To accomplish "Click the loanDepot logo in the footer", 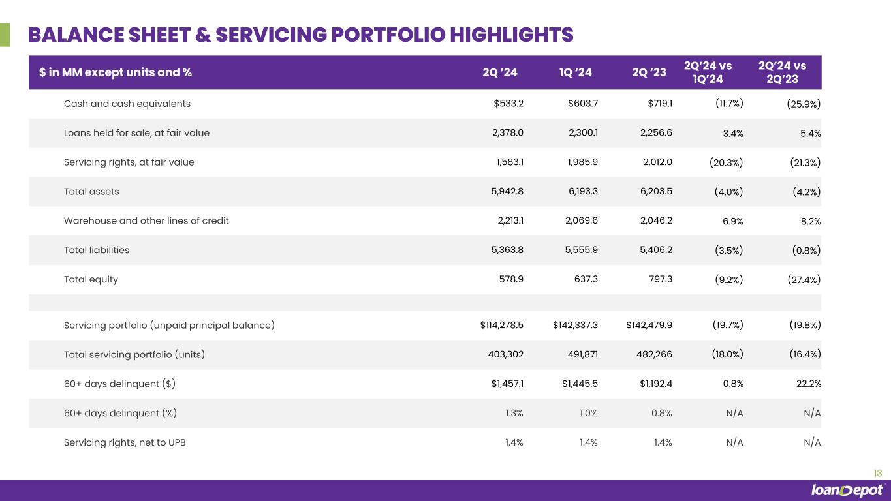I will click(x=847, y=491).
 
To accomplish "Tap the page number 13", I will click(x=877, y=474).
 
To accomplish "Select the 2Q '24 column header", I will click(x=499, y=72).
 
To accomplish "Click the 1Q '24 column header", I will click(x=576, y=72).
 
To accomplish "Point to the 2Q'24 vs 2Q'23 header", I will click(x=782, y=72).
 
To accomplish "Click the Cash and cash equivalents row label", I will click(x=127, y=104).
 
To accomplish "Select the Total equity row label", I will click(x=91, y=279).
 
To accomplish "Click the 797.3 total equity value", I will click(x=659, y=279).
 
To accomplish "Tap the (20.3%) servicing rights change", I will click(x=726, y=162).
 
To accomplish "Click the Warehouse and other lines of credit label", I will click(x=146, y=220).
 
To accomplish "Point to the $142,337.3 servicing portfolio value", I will click(x=575, y=325).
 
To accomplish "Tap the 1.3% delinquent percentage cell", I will click(x=514, y=413).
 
